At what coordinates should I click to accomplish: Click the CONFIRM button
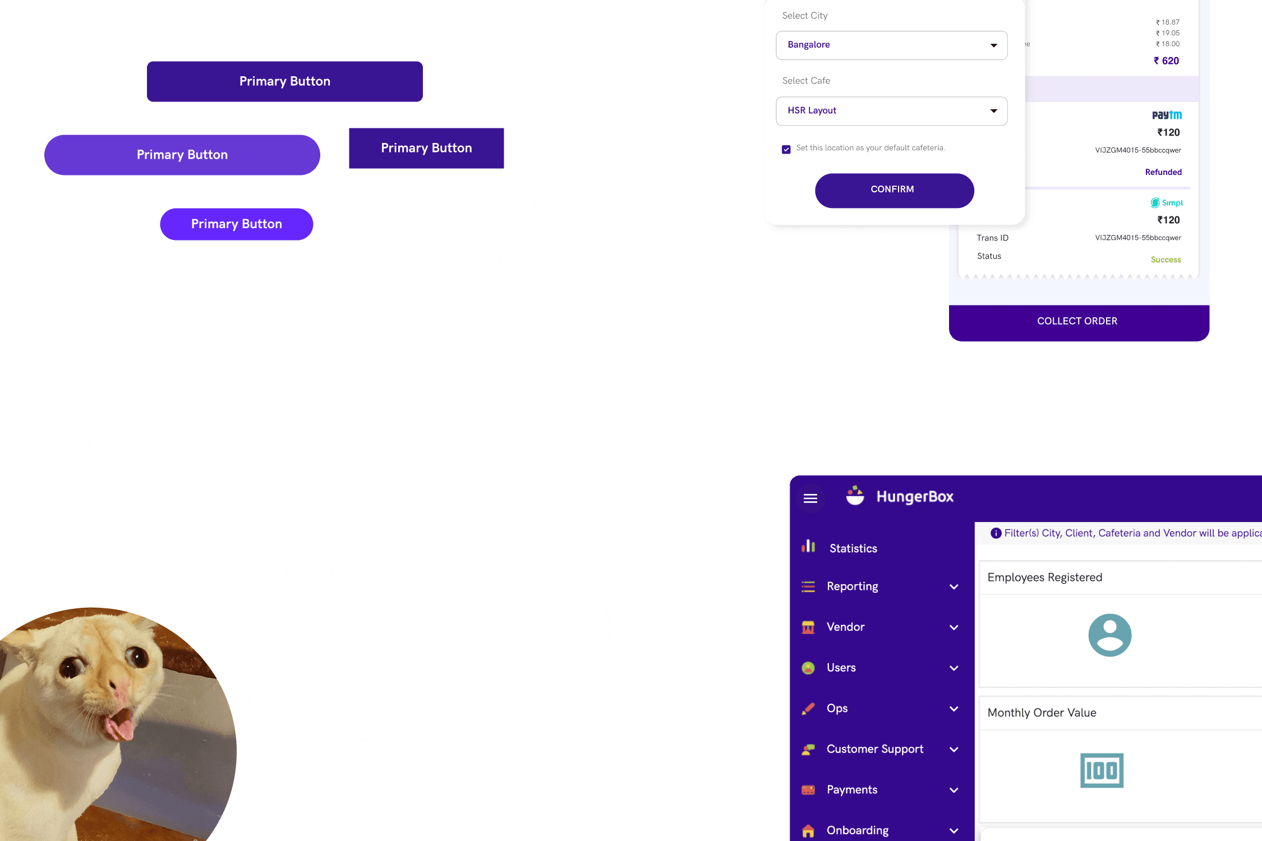point(894,190)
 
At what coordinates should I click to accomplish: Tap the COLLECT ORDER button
point(1077,322)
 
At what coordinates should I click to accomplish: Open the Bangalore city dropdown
point(891,45)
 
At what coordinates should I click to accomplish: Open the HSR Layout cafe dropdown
point(891,111)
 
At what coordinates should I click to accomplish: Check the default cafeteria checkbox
point(786,149)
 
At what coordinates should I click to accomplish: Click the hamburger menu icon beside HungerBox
point(810,498)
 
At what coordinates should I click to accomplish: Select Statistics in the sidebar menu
point(853,548)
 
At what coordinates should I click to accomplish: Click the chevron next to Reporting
point(954,587)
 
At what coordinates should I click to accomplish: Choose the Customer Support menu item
point(874,750)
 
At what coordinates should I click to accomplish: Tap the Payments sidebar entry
point(851,790)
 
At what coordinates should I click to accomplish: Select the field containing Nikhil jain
point(545,738)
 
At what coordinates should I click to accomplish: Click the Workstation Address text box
point(385,593)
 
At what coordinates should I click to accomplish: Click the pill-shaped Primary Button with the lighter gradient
point(182,155)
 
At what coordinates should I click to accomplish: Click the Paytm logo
point(1167,115)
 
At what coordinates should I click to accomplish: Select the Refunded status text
point(1163,172)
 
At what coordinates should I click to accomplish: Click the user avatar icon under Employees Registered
point(1109,635)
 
